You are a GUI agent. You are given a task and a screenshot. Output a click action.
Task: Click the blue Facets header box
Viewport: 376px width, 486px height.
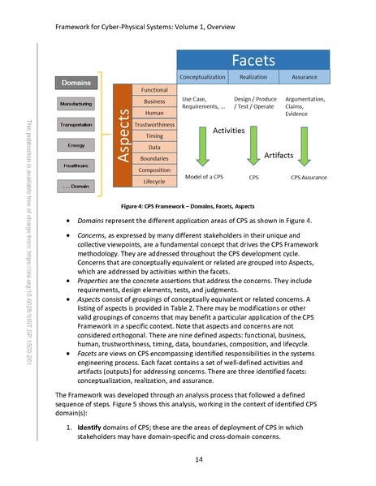click(x=253, y=60)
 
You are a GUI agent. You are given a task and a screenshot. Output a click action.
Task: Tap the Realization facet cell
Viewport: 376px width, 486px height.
click(x=253, y=77)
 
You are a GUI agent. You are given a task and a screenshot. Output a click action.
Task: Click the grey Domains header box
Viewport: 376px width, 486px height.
click(x=76, y=82)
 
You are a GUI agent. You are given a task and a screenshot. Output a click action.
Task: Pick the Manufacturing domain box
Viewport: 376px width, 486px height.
click(x=76, y=104)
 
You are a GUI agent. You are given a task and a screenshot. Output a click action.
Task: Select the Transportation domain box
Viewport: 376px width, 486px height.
click(x=76, y=125)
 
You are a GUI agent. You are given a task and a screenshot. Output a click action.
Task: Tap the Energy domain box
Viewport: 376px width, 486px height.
click(x=76, y=145)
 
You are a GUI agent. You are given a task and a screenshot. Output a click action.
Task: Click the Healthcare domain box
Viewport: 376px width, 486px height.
click(x=76, y=166)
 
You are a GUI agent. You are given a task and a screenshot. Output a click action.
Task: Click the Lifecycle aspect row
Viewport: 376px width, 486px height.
click(x=154, y=181)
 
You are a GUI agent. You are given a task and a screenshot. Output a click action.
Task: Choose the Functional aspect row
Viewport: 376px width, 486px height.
click(x=154, y=89)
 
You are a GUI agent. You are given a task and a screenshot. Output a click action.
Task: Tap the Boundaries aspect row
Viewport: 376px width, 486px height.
click(x=154, y=158)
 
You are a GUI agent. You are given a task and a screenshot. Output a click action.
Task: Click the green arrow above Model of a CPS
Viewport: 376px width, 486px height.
click(x=203, y=145)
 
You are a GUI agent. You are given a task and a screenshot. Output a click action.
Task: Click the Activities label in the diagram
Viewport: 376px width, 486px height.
click(x=228, y=130)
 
